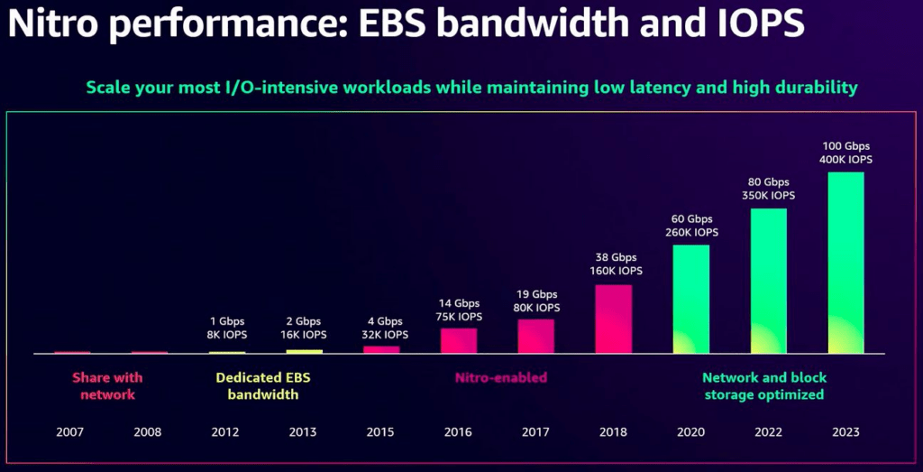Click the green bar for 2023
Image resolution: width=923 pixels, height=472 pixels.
pos(845,263)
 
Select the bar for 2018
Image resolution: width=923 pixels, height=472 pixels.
pos(613,319)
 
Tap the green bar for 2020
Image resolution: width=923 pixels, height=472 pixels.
pos(691,300)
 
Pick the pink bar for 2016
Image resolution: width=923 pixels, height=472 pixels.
pos(459,340)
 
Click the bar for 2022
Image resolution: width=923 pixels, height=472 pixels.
pos(769,281)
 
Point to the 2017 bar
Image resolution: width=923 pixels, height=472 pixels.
pos(535,337)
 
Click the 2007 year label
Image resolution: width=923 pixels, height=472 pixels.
pos(70,432)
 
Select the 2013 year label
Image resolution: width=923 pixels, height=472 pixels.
pos(303,432)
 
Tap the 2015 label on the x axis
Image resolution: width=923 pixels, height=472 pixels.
pos(380,432)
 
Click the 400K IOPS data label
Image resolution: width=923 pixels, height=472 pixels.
pos(845,160)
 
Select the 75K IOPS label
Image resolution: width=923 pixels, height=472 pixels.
pos(459,317)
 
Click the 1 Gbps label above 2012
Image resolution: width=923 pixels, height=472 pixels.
pos(226,321)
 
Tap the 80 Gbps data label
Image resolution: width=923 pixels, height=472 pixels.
pos(769,182)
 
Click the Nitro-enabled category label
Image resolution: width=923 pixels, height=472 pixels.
pos(501,377)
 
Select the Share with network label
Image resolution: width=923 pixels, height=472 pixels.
pos(108,386)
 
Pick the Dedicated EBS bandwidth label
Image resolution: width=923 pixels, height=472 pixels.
pos(263,386)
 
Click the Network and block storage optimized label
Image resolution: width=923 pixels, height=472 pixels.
pos(764,386)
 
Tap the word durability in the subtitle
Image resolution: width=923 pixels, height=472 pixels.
pos(821,88)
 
